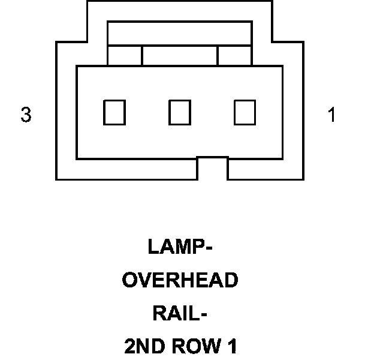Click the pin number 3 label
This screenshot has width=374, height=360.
(26, 115)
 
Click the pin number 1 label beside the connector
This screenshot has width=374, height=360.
(331, 115)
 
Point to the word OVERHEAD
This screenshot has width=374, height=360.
(180, 280)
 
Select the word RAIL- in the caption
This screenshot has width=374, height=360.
(180, 313)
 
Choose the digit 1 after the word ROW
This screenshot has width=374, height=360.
(231, 346)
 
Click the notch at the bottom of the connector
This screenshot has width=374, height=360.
(212, 169)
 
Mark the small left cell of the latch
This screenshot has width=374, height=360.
(125, 55)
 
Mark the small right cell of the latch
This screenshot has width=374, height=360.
(234, 55)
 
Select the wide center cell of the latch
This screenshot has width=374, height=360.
(179, 55)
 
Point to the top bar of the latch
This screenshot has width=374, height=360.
(179, 34)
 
